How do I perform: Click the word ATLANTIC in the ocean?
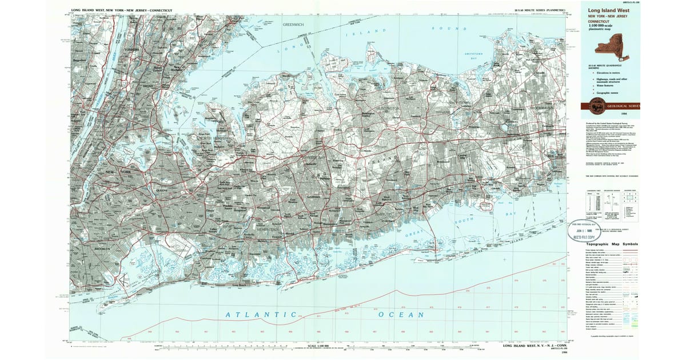[260, 315]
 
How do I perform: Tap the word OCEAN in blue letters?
[401, 315]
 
